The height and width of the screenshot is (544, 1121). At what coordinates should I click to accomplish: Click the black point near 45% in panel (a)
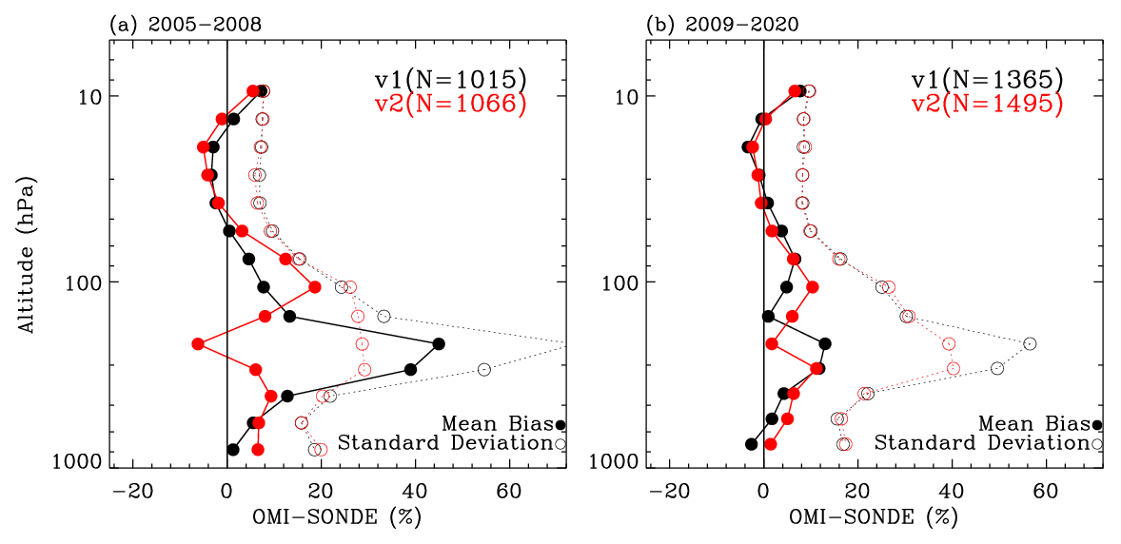coord(438,343)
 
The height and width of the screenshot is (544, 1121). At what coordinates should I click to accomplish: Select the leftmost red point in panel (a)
coord(198,343)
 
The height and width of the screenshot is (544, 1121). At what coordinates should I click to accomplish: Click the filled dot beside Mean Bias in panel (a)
coord(560,425)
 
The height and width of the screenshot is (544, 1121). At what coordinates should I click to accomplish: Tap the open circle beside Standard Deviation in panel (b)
coord(1097,443)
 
